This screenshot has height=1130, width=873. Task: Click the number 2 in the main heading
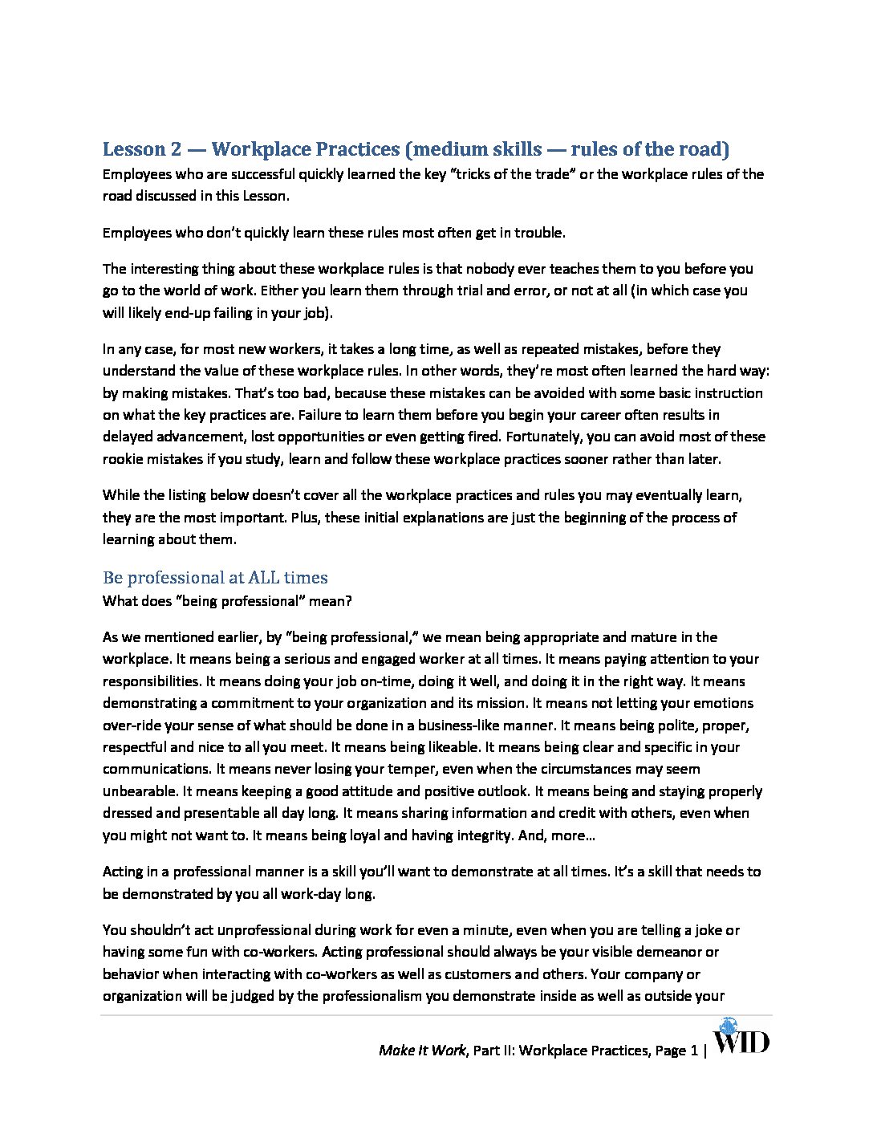173,149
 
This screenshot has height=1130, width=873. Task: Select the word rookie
122,459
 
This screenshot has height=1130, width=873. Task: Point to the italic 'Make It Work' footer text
422,1051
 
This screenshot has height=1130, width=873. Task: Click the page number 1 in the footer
694,1051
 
